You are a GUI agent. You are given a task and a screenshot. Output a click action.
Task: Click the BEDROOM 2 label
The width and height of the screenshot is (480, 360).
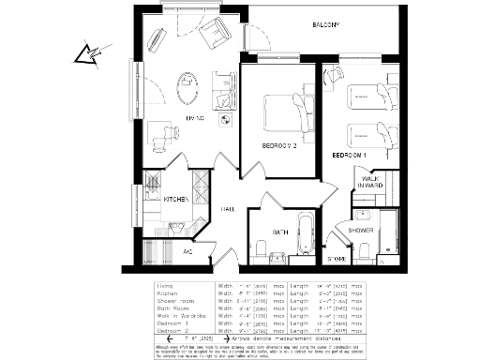click(x=279, y=146)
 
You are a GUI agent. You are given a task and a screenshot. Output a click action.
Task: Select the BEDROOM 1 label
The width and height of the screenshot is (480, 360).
click(x=349, y=154)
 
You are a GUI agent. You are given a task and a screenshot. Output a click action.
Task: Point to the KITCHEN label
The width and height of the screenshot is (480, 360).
click(x=177, y=200)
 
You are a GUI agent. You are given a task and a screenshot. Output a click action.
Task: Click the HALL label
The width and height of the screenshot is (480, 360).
click(x=228, y=209)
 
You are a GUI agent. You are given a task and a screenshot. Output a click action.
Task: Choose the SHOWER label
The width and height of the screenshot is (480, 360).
click(x=361, y=229)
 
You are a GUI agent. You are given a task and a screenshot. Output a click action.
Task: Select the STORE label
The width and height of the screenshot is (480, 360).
click(x=336, y=258)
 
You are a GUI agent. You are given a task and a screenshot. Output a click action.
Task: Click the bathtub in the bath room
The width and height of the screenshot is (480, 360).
click(x=304, y=235)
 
